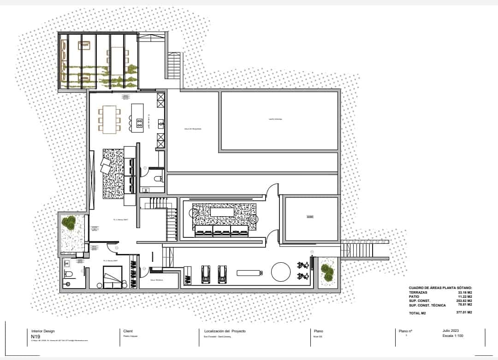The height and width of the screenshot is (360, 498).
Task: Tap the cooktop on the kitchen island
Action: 139,123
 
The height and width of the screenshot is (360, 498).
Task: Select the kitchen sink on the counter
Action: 160,123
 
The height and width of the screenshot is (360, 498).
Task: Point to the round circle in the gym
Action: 280,272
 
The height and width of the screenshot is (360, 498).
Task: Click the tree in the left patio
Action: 70,224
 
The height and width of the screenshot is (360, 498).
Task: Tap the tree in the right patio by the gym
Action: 328,272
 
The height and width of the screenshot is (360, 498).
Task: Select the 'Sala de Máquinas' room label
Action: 193,129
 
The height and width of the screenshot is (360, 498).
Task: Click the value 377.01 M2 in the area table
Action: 464,313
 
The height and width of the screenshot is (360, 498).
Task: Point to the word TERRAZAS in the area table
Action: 418,292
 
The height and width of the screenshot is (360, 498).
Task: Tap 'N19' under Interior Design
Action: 36,336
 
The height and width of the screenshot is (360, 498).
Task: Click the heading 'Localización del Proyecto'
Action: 225,331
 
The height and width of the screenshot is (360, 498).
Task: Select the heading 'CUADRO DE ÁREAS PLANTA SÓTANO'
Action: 440,288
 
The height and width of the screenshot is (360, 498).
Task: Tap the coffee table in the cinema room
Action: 222,212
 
